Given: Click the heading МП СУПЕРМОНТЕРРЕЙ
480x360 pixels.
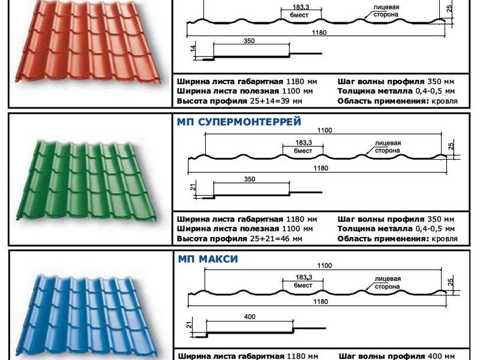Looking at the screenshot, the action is (x=239, y=122).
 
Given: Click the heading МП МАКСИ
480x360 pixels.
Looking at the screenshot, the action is (x=208, y=259).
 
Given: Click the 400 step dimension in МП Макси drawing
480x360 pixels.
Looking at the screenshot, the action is (x=250, y=317).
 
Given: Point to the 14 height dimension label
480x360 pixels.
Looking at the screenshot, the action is (x=193, y=49).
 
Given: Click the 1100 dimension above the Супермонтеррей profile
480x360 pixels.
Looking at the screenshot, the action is (x=325, y=130).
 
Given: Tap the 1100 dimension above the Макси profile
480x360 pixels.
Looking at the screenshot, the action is (x=325, y=265).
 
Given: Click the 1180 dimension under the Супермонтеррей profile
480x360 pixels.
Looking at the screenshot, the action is (x=320, y=168).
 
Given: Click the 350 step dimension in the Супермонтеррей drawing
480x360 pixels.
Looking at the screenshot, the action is (x=250, y=179).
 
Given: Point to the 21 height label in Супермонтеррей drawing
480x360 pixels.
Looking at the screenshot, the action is (x=193, y=187).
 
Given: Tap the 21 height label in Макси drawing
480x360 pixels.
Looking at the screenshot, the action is (x=189, y=325).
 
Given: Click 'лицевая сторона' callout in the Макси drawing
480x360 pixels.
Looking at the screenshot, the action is (x=388, y=283).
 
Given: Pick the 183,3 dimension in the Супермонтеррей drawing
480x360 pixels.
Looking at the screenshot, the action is (x=304, y=143).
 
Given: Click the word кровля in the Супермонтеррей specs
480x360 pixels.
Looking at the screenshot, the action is (x=445, y=238).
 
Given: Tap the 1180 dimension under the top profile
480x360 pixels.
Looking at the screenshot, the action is (x=319, y=32).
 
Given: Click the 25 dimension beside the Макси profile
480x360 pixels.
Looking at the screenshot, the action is (x=451, y=282).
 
